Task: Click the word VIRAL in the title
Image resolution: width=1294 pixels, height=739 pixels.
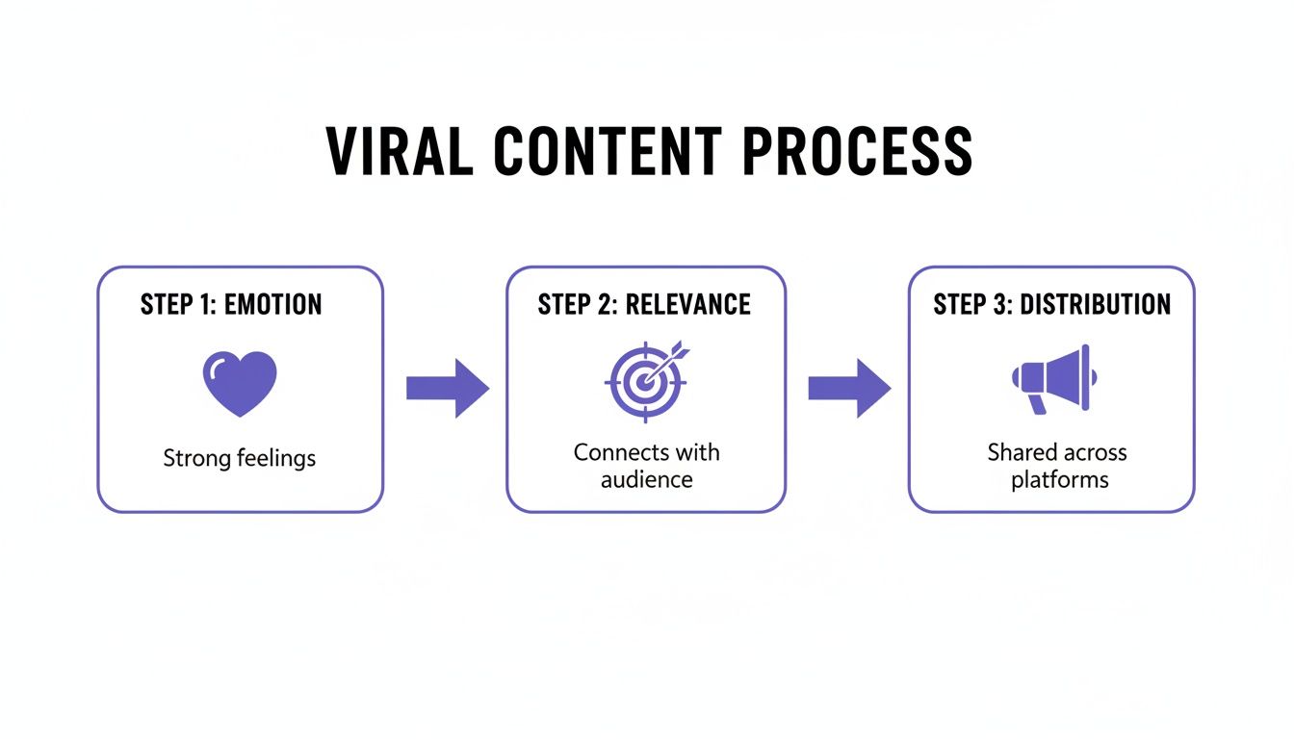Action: (x=400, y=151)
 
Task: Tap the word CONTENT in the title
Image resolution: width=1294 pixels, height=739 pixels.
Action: (x=608, y=151)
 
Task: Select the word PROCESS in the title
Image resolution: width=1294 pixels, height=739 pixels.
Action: (x=857, y=151)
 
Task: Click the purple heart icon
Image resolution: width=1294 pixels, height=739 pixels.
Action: (x=240, y=383)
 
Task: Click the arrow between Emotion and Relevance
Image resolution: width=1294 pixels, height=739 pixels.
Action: (x=447, y=388)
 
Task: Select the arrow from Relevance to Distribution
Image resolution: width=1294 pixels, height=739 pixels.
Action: (x=848, y=388)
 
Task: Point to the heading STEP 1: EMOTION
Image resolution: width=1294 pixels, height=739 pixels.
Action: (x=231, y=305)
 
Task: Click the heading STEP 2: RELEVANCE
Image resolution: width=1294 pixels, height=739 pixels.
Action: (x=644, y=305)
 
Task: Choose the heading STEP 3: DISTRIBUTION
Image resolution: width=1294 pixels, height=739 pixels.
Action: (x=1051, y=305)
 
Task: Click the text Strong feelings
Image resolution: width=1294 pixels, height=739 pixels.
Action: (x=239, y=458)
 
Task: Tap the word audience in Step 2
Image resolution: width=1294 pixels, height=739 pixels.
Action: (x=646, y=479)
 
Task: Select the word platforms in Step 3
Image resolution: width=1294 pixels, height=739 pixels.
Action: (x=1059, y=479)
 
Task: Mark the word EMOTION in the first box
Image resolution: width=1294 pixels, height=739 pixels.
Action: (x=273, y=305)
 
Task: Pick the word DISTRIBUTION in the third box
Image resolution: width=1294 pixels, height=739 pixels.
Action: (x=1095, y=305)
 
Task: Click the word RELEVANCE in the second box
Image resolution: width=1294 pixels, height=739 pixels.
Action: (x=687, y=305)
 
